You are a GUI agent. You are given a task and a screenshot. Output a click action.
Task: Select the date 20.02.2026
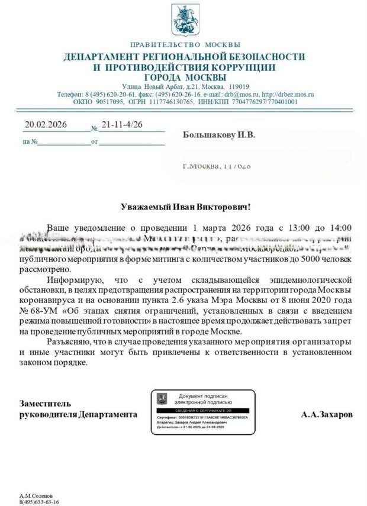(46, 125)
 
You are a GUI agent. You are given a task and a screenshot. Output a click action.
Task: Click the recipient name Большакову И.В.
(218, 135)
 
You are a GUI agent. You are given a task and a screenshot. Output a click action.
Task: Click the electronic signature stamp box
(202, 412)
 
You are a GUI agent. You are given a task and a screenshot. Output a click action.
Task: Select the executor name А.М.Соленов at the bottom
(37, 495)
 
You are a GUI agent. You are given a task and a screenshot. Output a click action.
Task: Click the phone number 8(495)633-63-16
(39, 501)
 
